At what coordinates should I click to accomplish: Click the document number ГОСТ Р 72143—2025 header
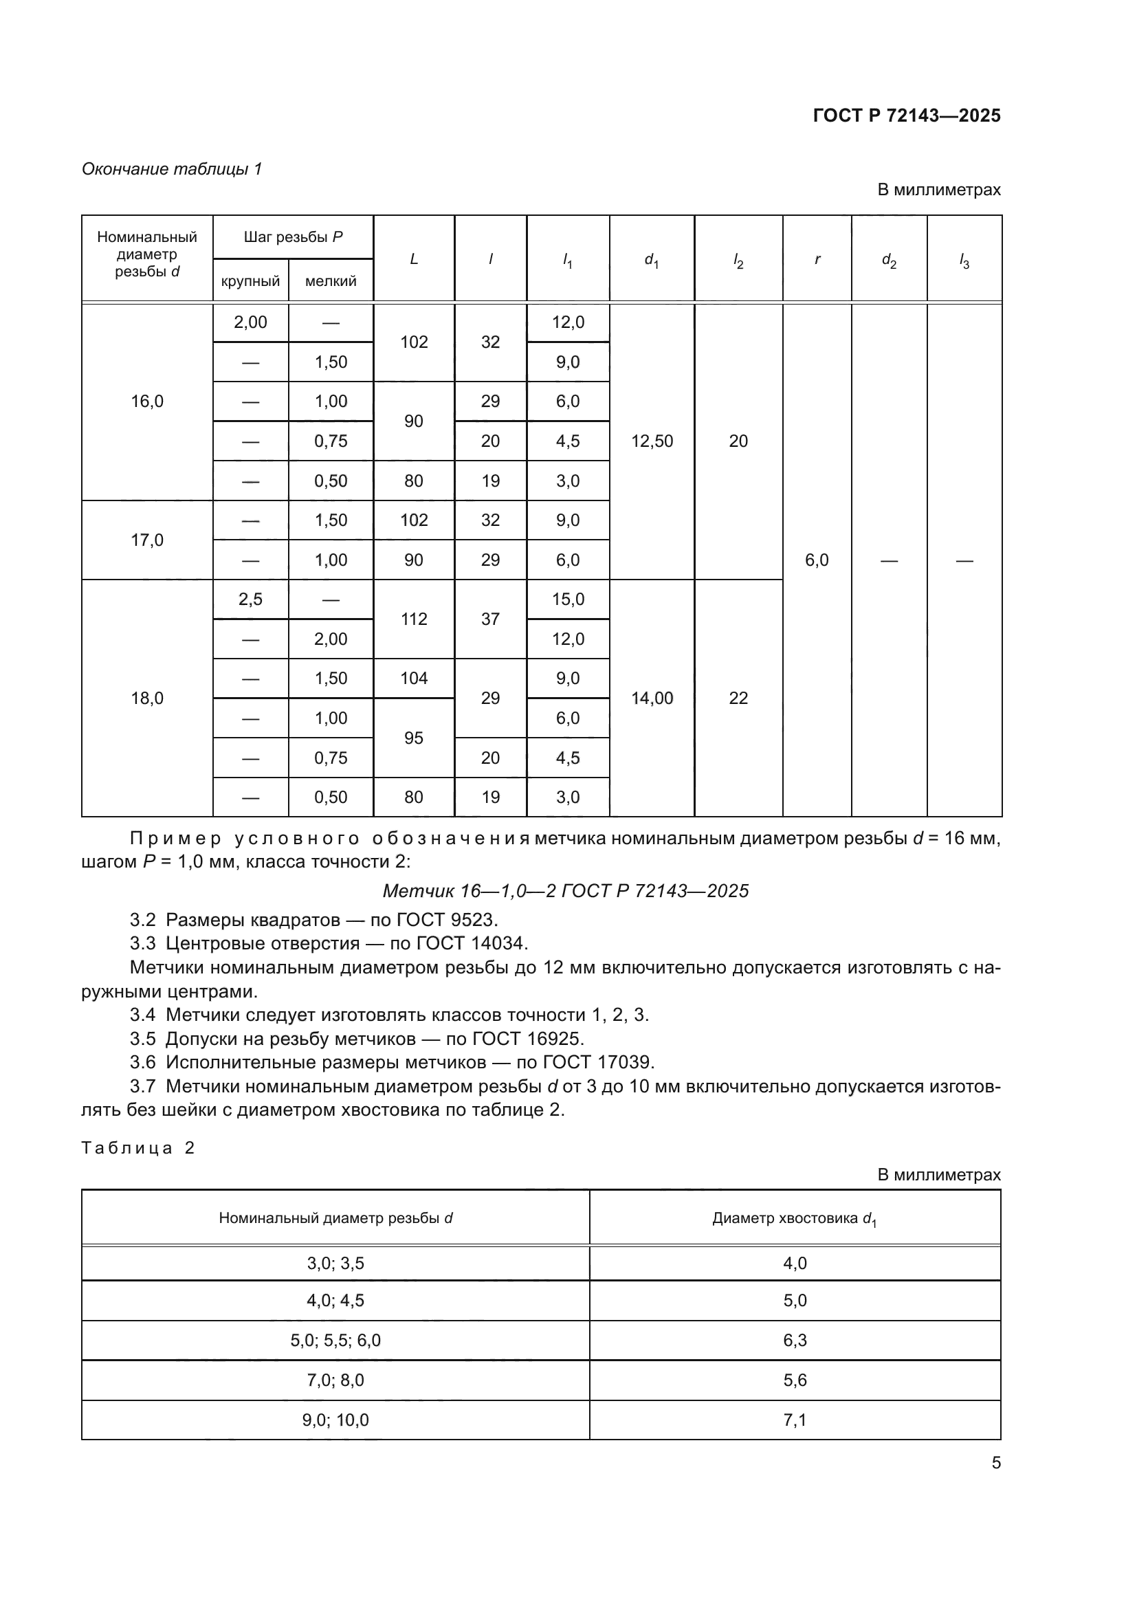pyautogui.click(x=906, y=115)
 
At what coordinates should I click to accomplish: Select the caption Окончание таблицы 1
pyautogui.click(x=172, y=169)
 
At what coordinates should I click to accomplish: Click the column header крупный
pyautogui.click(x=250, y=281)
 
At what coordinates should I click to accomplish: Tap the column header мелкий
pyautogui.click(x=331, y=281)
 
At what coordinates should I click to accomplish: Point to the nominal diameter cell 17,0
pyautogui.click(x=147, y=540)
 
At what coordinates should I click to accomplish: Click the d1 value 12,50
pyautogui.click(x=651, y=441)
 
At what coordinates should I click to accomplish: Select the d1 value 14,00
pyautogui.click(x=651, y=698)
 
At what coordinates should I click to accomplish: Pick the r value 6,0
pyautogui.click(x=817, y=560)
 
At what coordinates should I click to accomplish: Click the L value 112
pyautogui.click(x=413, y=619)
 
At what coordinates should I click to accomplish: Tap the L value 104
pyautogui.click(x=413, y=678)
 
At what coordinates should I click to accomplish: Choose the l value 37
pyautogui.click(x=490, y=619)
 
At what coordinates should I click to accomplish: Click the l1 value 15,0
pyautogui.click(x=567, y=599)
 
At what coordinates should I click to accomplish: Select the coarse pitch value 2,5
pyautogui.click(x=250, y=599)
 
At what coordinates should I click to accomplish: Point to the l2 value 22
pyautogui.click(x=738, y=698)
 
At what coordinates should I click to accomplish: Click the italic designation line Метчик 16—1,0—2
pyautogui.click(x=565, y=891)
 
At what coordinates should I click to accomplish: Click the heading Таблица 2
pyautogui.click(x=138, y=1148)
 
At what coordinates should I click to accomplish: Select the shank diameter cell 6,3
pyautogui.click(x=795, y=1341)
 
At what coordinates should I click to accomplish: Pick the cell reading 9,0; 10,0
pyautogui.click(x=335, y=1420)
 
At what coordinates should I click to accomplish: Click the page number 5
pyautogui.click(x=995, y=1462)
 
